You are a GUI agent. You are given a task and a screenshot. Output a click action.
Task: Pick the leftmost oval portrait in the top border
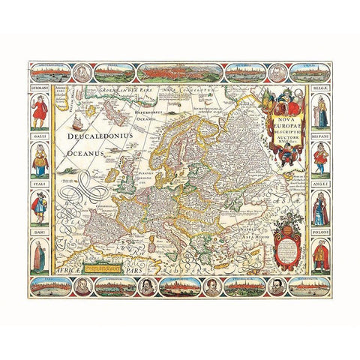click(80, 73)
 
